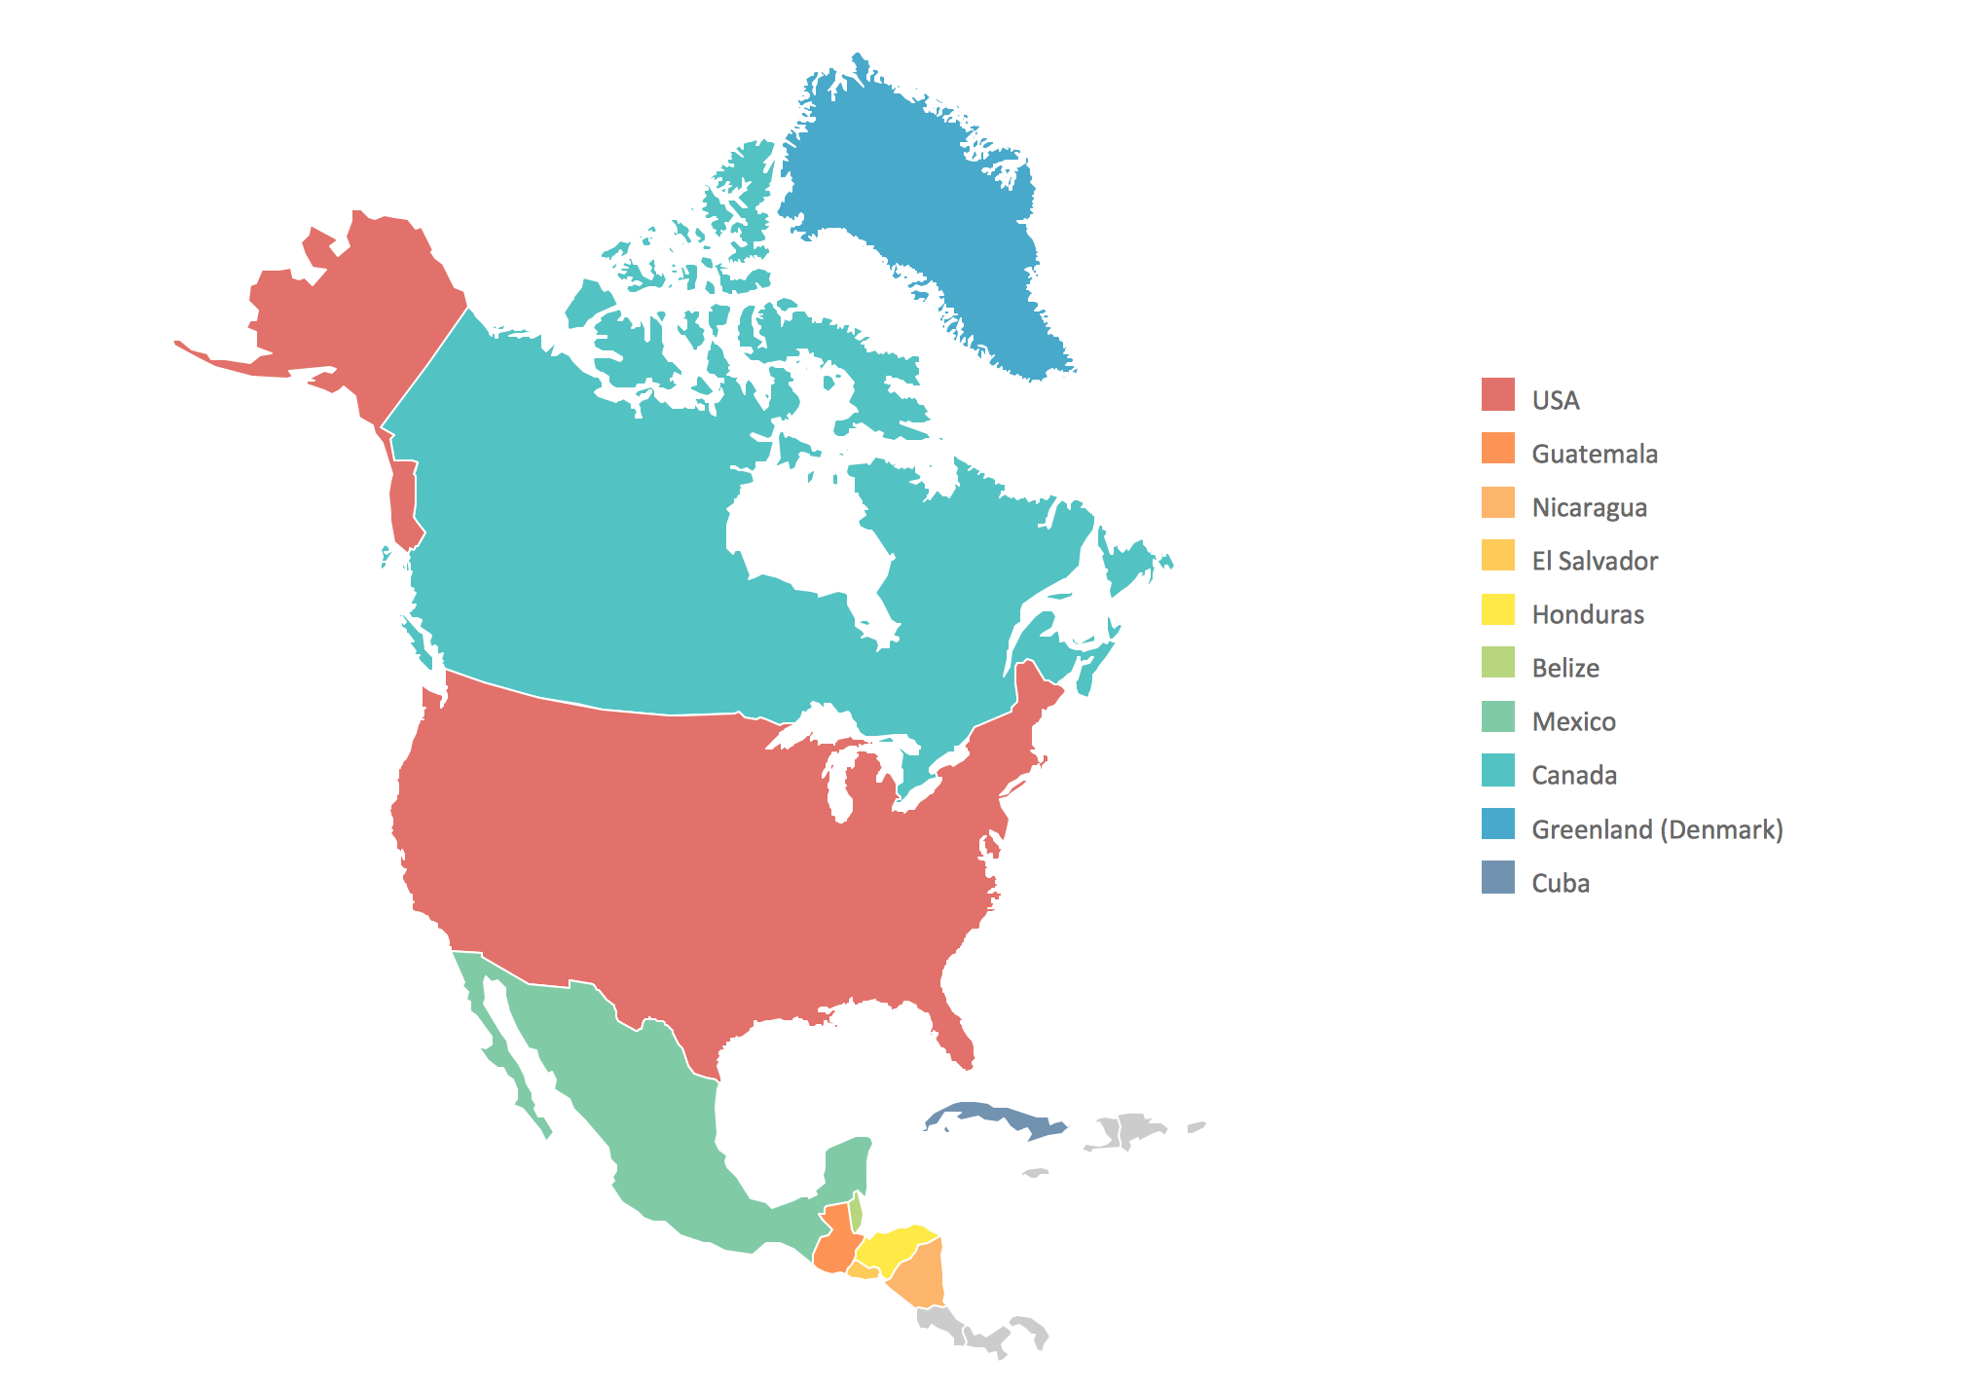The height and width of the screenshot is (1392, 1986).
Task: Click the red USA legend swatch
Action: click(x=1497, y=394)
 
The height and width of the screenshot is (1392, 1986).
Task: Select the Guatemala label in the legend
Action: click(x=1594, y=454)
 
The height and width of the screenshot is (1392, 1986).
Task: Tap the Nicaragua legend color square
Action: click(x=1497, y=502)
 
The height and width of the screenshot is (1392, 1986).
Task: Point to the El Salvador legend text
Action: click(x=1594, y=561)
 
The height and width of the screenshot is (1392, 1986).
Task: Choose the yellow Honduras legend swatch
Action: click(x=1497, y=609)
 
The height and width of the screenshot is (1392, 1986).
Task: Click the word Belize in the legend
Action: click(x=1564, y=668)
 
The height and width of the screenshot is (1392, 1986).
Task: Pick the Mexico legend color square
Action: click(x=1497, y=716)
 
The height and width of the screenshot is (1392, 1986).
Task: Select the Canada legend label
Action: click(x=1573, y=775)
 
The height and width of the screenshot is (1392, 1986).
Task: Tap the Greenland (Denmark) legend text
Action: click(x=1656, y=829)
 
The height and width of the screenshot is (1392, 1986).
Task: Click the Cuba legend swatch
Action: click(x=1497, y=877)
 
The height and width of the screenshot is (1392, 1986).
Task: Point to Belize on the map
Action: click(x=856, y=1212)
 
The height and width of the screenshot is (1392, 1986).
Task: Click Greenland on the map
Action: click(x=925, y=214)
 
